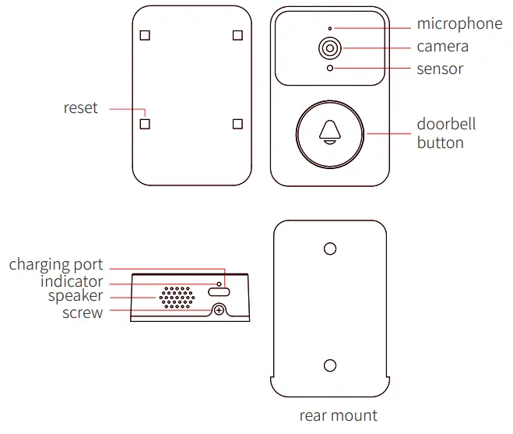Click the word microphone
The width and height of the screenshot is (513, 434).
click(459, 24)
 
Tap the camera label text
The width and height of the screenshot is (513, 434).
click(442, 47)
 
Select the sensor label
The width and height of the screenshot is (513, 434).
click(440, 69)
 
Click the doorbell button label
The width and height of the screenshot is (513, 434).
click(446, 133)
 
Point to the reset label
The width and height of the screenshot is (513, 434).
click(80, 108)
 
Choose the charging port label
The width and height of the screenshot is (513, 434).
click(55, 265)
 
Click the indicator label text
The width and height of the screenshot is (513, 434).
click(71, 281)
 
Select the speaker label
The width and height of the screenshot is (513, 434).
click(75, 297)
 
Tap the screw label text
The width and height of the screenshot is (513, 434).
click(83, 312)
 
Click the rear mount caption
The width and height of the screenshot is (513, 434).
click(338, 415)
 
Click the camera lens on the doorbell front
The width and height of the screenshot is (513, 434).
click(330, 48)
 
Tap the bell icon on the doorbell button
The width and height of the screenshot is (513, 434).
click(330, 133)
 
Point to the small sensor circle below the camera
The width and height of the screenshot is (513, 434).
click(330, 69)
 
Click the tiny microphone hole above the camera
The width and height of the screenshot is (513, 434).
click(330, 28)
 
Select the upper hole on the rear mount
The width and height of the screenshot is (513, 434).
click(329, 249)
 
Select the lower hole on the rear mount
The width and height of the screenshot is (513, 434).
click(329, 365)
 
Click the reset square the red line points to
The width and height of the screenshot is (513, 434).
click(144, 123)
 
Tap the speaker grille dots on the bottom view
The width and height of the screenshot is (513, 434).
click(177, 296)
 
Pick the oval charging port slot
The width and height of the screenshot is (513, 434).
click(219, 291)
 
